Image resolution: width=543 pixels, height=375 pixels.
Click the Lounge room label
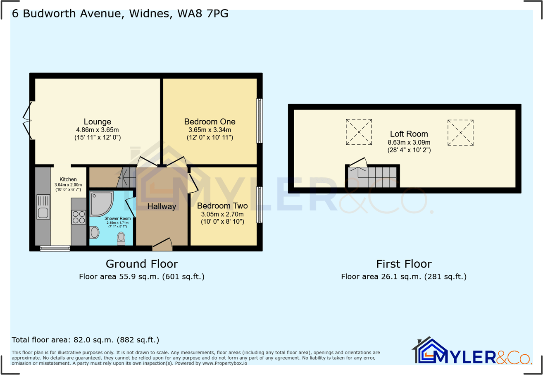(x=98, y=122)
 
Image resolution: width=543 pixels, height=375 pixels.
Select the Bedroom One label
(x=210, y=122)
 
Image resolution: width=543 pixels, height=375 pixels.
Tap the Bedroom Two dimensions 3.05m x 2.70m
(x=222, y=214)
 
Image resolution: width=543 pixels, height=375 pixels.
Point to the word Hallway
(x=162, y=206)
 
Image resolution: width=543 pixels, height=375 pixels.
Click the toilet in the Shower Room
(x=121, y=238)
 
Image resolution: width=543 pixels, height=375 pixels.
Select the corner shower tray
(x=100, y=203)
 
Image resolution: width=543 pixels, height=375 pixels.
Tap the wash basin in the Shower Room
(x=95, y=233)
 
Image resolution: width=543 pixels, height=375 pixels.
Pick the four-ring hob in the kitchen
(x=79, y=217)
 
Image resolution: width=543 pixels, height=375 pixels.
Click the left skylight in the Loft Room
(x=359, y=132)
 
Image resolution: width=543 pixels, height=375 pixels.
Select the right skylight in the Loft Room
(x=460, y=132)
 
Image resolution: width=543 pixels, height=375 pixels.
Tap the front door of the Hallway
(x=162, y=245)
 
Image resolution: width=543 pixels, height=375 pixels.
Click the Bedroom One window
(x=260, y=120)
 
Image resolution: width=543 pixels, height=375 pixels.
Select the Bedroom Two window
(x=260, y=205)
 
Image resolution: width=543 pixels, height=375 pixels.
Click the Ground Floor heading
(x=142, y=264)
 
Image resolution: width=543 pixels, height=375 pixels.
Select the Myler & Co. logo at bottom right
(x=472, y=352)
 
